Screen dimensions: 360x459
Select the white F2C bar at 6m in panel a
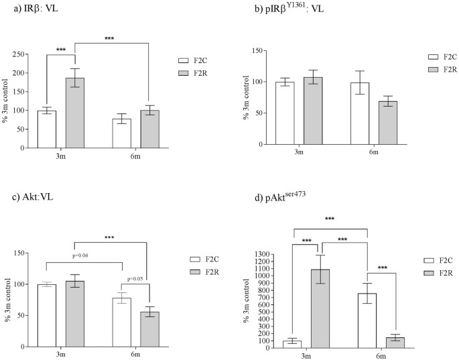tap(121, 133)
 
